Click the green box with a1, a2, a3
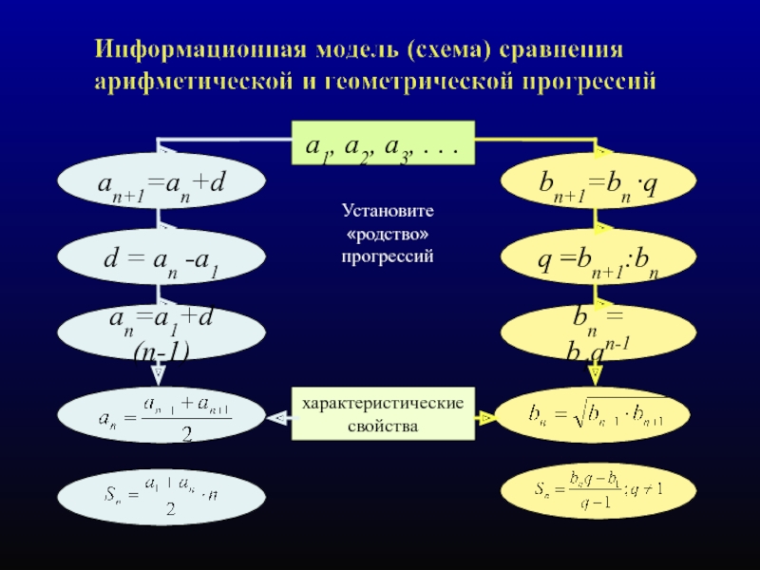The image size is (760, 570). (382, 144)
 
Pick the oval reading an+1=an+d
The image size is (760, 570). (159, 180)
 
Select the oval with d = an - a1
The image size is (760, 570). (159, 256)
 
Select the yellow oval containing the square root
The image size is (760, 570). (595, 416)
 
